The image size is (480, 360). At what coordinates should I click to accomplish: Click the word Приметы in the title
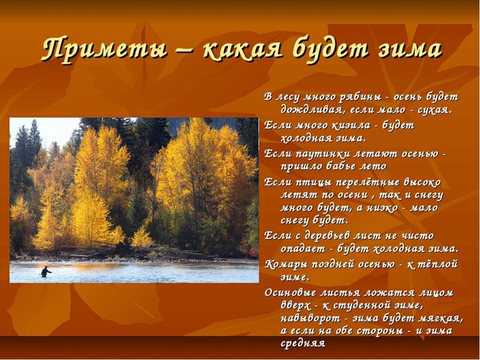[x=104, y=49]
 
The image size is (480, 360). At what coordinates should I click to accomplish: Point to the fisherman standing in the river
[x=45, y=272]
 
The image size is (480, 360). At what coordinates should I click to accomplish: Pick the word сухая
[x=435, y=110]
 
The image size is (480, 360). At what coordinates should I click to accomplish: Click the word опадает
[x=303, y=249]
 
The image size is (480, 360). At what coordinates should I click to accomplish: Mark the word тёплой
[x=439, y=264]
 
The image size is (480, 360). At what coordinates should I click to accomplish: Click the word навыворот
[x=311, y=319]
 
